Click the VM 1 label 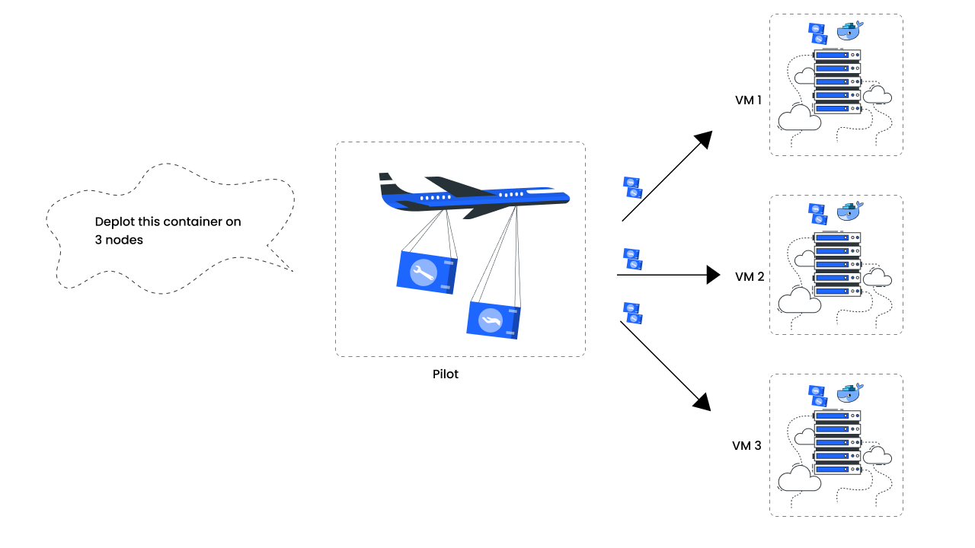[x=748, y=100]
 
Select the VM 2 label [x=750, y=277]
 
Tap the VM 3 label [x=746, y=445]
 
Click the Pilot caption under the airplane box [x=446, y=374]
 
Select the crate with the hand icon [x=492, y=319]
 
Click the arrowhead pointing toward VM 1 [x=703, y=139]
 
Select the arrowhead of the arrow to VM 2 [x=713, y=275]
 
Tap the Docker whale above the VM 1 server [x=850, y=31]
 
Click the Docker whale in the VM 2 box [x=850, y=211]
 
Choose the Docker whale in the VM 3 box [x=850, y=393]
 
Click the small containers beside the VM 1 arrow [x=632, y=187]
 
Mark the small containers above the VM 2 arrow [x=631, y=259]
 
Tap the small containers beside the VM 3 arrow [x=632, y=313]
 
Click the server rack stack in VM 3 [x=837, y=441]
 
